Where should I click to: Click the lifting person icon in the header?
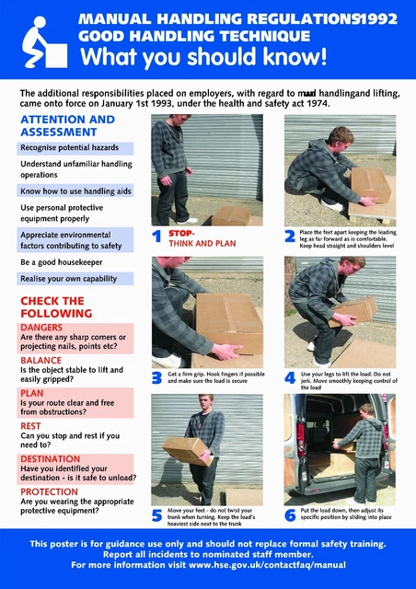coord(40,41)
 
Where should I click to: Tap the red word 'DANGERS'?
coord(42,328)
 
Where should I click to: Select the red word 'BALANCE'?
coord(41,360)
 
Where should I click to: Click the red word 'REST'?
coord(30,425)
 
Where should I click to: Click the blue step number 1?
coord(156,237)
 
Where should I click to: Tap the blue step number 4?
coord(290,377)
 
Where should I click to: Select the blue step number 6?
coord(290,516)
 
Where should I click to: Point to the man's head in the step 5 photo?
coord(206,403)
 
